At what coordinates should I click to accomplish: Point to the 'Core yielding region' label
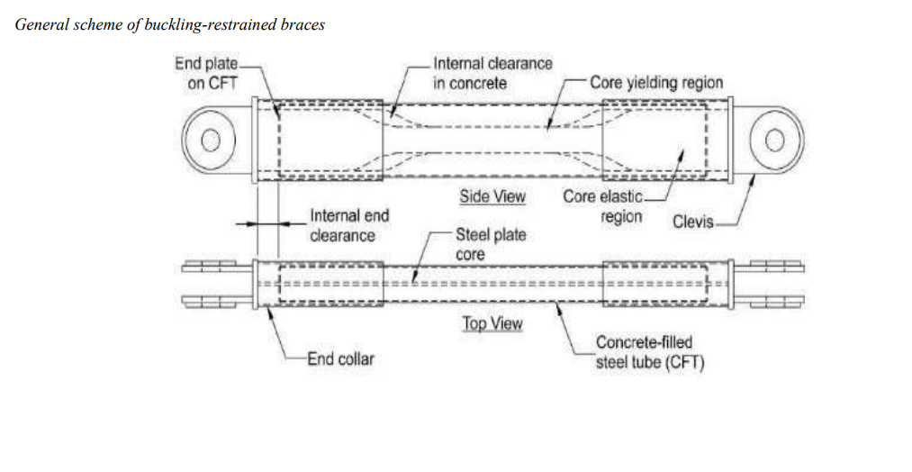pyautogui.click(x=656, y=83)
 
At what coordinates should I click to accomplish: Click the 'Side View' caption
pyautogui.click(x=492, y=196)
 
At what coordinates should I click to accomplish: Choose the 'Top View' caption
pyautogui.click(x=492, y=323)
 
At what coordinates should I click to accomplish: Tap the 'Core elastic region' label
pyautogui.click(x=605, y=206)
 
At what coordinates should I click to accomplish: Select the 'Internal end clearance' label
pyautogui.click(x=349, y=226)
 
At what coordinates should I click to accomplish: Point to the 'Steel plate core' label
pyautogui.click(x=490, y=244)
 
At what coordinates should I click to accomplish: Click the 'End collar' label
pyautogui.click(x=340, y=359)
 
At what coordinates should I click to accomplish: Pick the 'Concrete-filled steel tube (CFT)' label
pyautogui.click(x=649, y=353)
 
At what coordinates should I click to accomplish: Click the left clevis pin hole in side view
pyautogui.click(x=211, y=140)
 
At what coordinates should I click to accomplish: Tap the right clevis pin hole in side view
pyautogui.click(x=774, y=140)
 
